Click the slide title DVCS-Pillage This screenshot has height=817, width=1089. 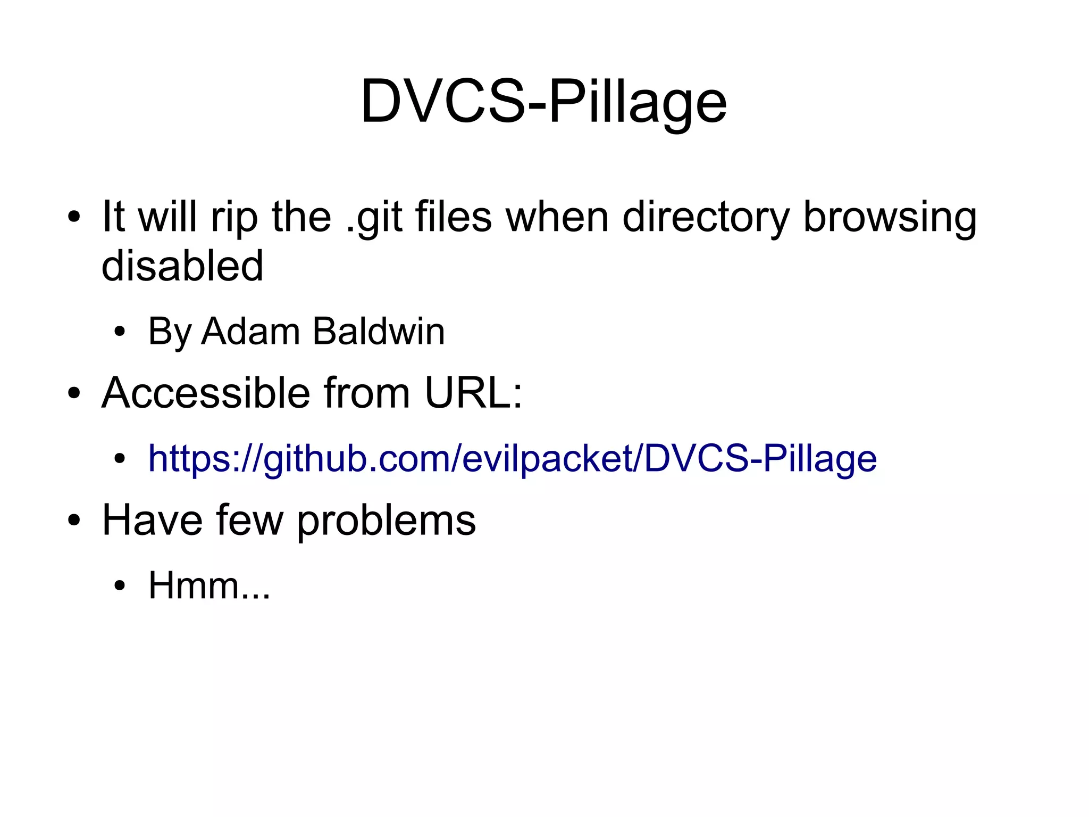543,101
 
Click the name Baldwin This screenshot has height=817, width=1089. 378,331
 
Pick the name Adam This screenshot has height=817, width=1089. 251,331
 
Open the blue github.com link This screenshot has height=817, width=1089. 512,458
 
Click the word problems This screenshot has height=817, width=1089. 386,520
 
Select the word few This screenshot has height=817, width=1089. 250,520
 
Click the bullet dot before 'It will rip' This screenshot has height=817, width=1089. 74,218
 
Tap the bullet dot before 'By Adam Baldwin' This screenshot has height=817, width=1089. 120,332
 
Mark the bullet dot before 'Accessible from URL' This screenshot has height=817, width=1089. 74,394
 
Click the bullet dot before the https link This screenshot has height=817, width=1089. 120,459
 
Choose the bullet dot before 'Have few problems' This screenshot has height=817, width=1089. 74,521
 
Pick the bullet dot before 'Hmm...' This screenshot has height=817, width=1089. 120,586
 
